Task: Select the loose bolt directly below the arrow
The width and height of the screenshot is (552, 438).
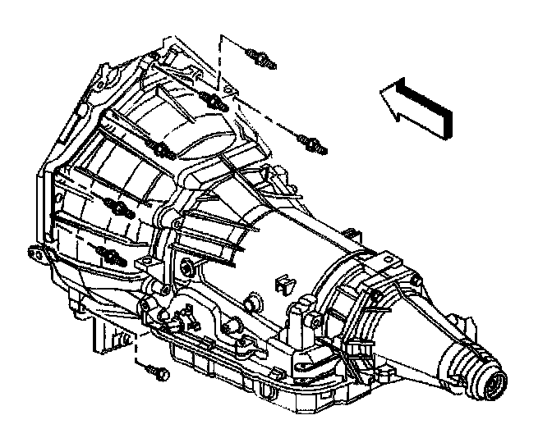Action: pyautogui.click(x=314, y=144)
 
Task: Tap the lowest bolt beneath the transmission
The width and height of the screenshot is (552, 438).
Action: pyautogui.click(x=157, y=373)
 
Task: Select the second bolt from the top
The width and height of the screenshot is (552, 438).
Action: pyautogui.click(x=209, y=102)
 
